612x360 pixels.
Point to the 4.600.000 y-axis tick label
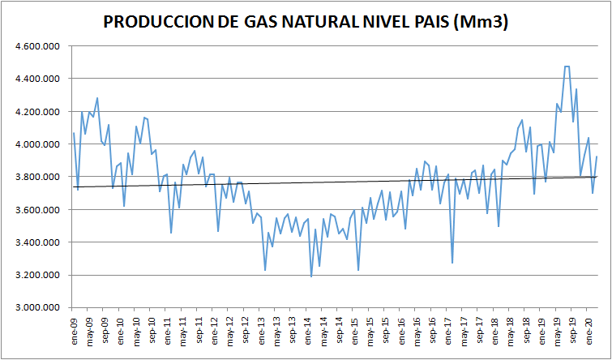coord(37,46)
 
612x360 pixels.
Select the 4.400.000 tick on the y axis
coord(37,79)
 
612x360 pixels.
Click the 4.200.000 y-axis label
coord(37,112)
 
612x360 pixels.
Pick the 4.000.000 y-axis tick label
coord(37,144)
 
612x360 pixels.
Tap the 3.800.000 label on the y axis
coord(37,177)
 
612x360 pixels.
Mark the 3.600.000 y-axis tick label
coord(37,210)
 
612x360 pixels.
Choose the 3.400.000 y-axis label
coord(37,242)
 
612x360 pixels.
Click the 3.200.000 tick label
coord(37,275)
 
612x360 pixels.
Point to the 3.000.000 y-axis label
coord(37,308)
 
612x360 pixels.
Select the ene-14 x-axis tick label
coord(310,328)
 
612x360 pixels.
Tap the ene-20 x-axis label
coord(592,328)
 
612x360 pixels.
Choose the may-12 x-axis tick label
coord(231,328)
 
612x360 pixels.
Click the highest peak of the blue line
coord(567,66)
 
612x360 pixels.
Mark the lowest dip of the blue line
coord(311,276)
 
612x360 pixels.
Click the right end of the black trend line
coord(597,177)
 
